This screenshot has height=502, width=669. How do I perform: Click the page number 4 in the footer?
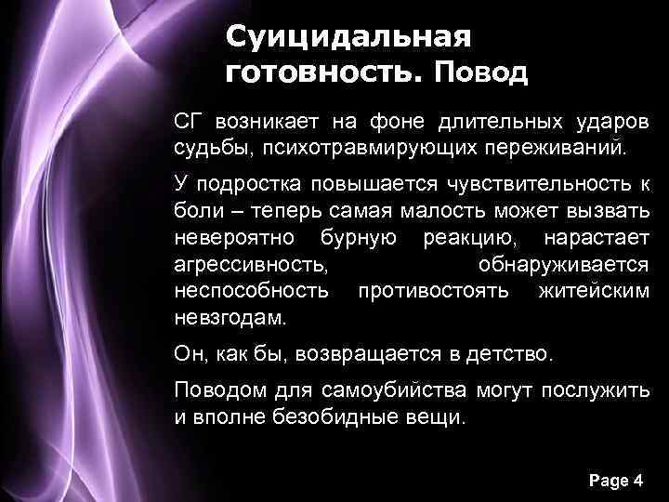637,481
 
